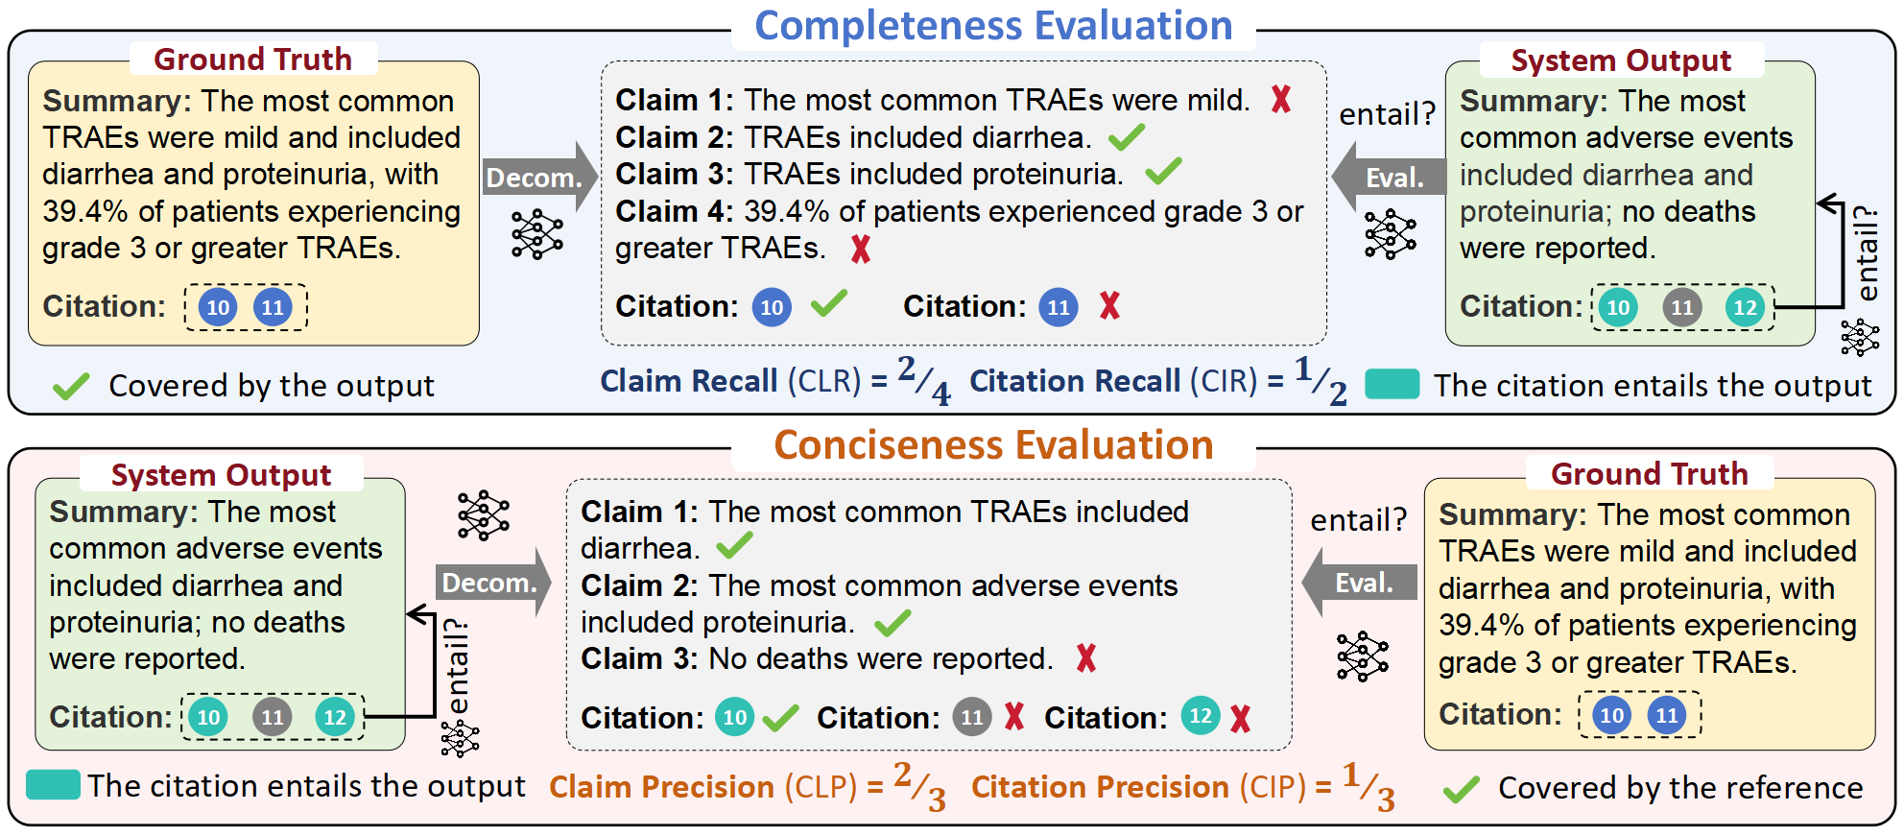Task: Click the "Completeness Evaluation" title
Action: [993, 25]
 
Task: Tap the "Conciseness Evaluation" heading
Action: [993, 445]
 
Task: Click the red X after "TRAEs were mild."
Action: [1281, 99]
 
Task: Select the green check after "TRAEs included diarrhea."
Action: [1127, 137]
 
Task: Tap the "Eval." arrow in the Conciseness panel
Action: [1359, 582]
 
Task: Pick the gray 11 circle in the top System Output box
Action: [1681, 308]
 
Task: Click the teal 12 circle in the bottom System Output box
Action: [335, 717]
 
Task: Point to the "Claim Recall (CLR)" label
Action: [731, 381]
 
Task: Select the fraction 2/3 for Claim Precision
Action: [919, 787]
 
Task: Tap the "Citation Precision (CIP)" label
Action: [1139, 787]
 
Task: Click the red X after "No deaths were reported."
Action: [1086, 658]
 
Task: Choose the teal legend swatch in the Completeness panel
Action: [1392, 384]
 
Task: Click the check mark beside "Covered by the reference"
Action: [1462, 789]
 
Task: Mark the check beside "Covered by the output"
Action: [71, 386]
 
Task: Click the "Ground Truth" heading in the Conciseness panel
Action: [1649, 473]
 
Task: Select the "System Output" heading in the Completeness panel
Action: [1621, 60]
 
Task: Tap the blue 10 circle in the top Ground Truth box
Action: [218, 308]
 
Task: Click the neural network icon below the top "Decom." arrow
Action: [537, 234]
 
